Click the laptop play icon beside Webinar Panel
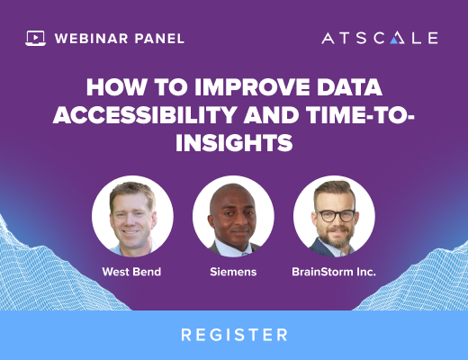(x=35, y=38)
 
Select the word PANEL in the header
(x=159, y=39)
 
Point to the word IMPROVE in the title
(x=252, y=87)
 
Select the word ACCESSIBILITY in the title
(x=145, y=114)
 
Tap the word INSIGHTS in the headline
(x=234, y=142)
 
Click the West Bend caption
(x=131, y=272)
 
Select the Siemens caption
(x=233, y=272)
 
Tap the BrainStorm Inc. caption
(x=334, y=272)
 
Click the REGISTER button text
(x=234, y=335)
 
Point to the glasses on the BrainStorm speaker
(x=336, y=216)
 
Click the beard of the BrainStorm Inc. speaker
(x=336, y=238)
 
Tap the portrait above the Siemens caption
(x=233, y=216)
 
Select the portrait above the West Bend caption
(x=132, y=216)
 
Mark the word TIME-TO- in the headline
(x=360, y=114)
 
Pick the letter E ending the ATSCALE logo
(x=433, y=39)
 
